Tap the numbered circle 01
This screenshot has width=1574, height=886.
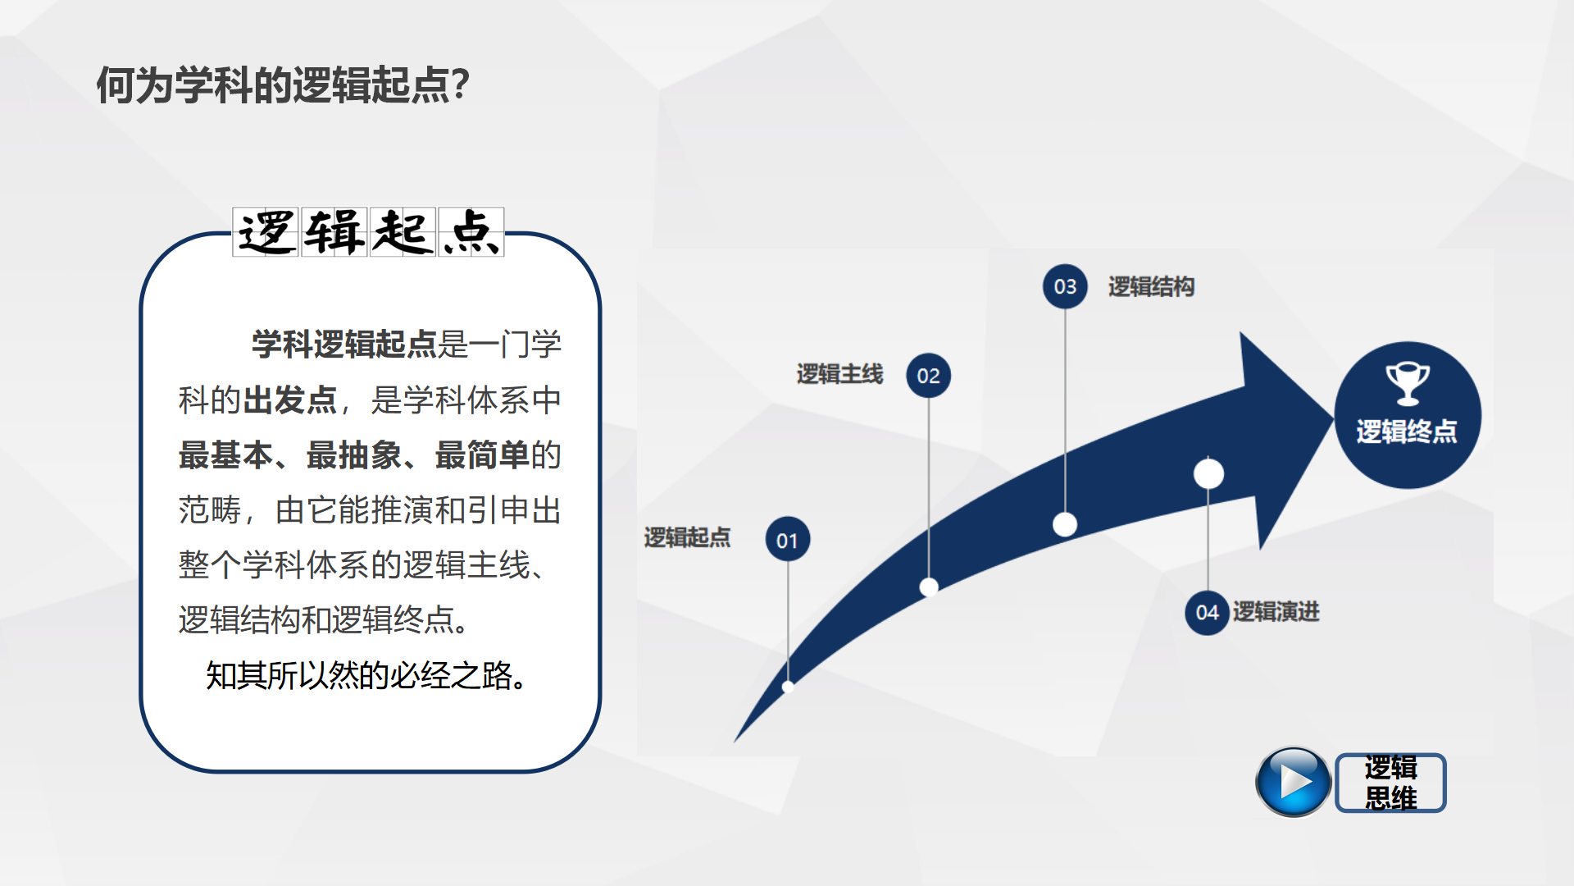point(787,540)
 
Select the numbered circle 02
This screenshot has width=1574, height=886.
point(928,376)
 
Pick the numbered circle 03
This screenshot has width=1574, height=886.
point(1065,286)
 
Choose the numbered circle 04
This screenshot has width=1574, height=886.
point(1206,612)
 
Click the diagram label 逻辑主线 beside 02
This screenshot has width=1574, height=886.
point(839,374)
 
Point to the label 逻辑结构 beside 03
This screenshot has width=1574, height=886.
point(1151,286)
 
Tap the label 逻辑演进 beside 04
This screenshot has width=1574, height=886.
point(1276,611)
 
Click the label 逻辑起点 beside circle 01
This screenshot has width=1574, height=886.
point(687,537)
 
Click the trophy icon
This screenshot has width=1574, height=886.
point(1408,383)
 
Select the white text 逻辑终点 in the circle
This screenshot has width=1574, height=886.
point(1407,432)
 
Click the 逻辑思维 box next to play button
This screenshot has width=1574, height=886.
point(1390,783)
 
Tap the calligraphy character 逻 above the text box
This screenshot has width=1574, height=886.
point(266,232)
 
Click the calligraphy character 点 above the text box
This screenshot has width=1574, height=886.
point(471,232)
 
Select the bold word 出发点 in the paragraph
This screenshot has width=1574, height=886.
point(290,400)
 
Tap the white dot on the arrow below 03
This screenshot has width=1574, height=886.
point(1065,524)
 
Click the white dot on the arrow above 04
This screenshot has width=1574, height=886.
point(1208,473)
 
